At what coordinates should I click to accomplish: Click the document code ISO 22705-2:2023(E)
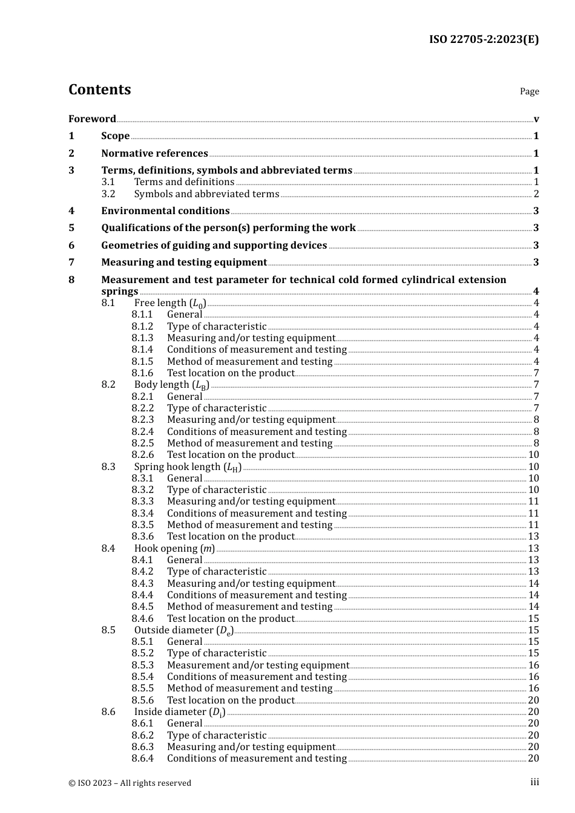(484, 40)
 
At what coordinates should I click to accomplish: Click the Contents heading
(99, 90)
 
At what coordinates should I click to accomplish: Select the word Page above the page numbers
(529, 91)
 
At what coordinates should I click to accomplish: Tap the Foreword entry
(92, 119)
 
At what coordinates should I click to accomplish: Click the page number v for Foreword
(536, 119)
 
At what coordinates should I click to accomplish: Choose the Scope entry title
(115, 136)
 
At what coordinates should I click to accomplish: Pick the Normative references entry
(154, 154)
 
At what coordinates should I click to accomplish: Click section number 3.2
(108, 194)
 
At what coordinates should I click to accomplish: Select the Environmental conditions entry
(165, 211)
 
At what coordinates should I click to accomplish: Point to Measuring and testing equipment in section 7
(184, 263)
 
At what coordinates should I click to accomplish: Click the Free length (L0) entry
(170, 303)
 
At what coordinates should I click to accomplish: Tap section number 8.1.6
(142, 373)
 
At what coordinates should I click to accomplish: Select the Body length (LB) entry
(172, 385)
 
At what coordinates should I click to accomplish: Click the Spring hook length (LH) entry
(188, 467)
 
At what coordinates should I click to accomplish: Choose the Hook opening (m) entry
(174, 549)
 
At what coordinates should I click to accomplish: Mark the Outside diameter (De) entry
(184, 630)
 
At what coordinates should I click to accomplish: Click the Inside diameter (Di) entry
(180, 712)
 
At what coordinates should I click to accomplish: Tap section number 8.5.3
(142, 665)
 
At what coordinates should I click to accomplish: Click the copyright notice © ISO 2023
(130, 783)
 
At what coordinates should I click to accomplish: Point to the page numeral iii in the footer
(535, 782)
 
